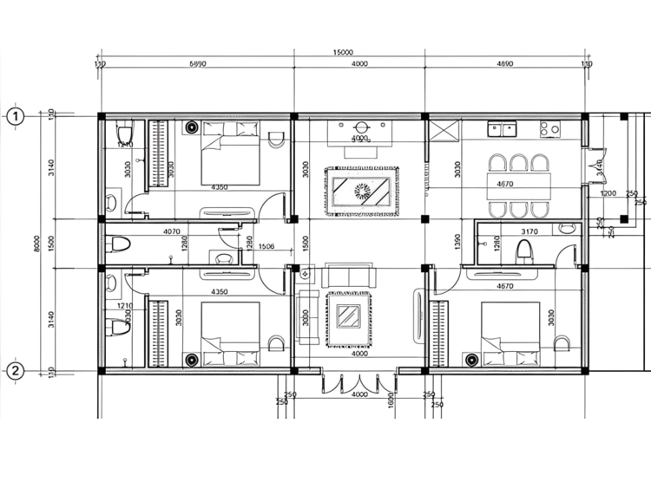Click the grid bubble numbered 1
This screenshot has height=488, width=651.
[15, 115]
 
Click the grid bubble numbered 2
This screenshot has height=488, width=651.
[15, 371]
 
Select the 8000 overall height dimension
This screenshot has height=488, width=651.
[37, 244]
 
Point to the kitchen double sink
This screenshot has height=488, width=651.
[502, 130]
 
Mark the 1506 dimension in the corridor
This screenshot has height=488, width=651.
[266, 247]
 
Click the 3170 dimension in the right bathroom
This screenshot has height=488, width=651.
[528, 231]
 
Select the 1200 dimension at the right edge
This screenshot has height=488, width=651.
[608, 193]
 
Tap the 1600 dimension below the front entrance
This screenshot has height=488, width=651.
[391, 401]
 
